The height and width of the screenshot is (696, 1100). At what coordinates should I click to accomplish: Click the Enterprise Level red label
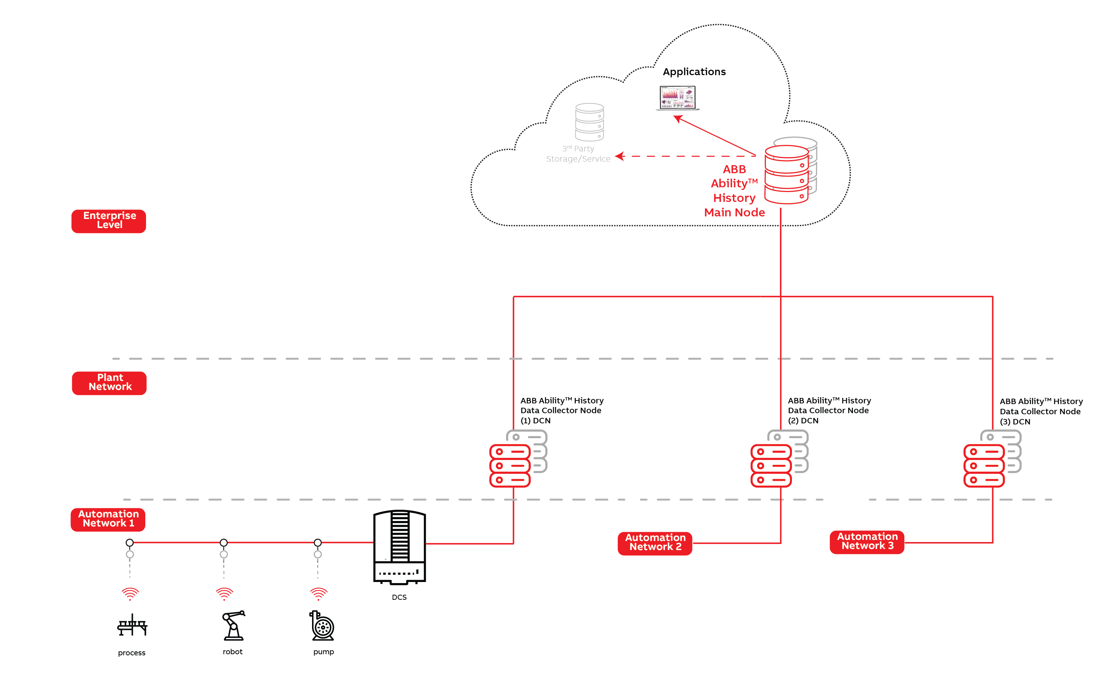coord(109,221)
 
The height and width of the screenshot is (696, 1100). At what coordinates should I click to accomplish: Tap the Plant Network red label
coord(109,383)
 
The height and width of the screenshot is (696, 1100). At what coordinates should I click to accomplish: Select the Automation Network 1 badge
coord(108,519)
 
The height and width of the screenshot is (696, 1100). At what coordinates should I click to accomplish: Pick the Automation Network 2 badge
coord(655,543)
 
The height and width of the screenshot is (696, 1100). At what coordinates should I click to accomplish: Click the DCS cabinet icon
coord(399,547)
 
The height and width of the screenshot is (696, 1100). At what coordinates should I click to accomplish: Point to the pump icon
coord(323,626)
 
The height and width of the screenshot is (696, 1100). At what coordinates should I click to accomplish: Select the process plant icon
coord(132,625)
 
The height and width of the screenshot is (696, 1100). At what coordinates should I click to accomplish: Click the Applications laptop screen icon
coord(678,98)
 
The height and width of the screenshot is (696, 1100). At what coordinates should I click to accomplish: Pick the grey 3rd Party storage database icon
coord(589,122)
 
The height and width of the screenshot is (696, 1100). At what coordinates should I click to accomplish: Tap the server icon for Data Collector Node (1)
coord(518,459)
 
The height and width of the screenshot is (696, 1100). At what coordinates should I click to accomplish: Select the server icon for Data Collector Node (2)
coord(779,459)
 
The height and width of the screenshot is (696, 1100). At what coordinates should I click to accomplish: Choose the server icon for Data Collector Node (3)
coord(992,459)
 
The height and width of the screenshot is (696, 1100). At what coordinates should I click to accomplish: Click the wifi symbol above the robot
coord(224,594)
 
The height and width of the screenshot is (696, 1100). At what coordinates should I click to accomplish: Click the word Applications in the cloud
coord(694,72)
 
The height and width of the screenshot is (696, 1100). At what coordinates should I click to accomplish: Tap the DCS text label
coord(399,597)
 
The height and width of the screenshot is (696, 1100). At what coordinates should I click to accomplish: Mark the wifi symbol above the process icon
coord(130,594)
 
